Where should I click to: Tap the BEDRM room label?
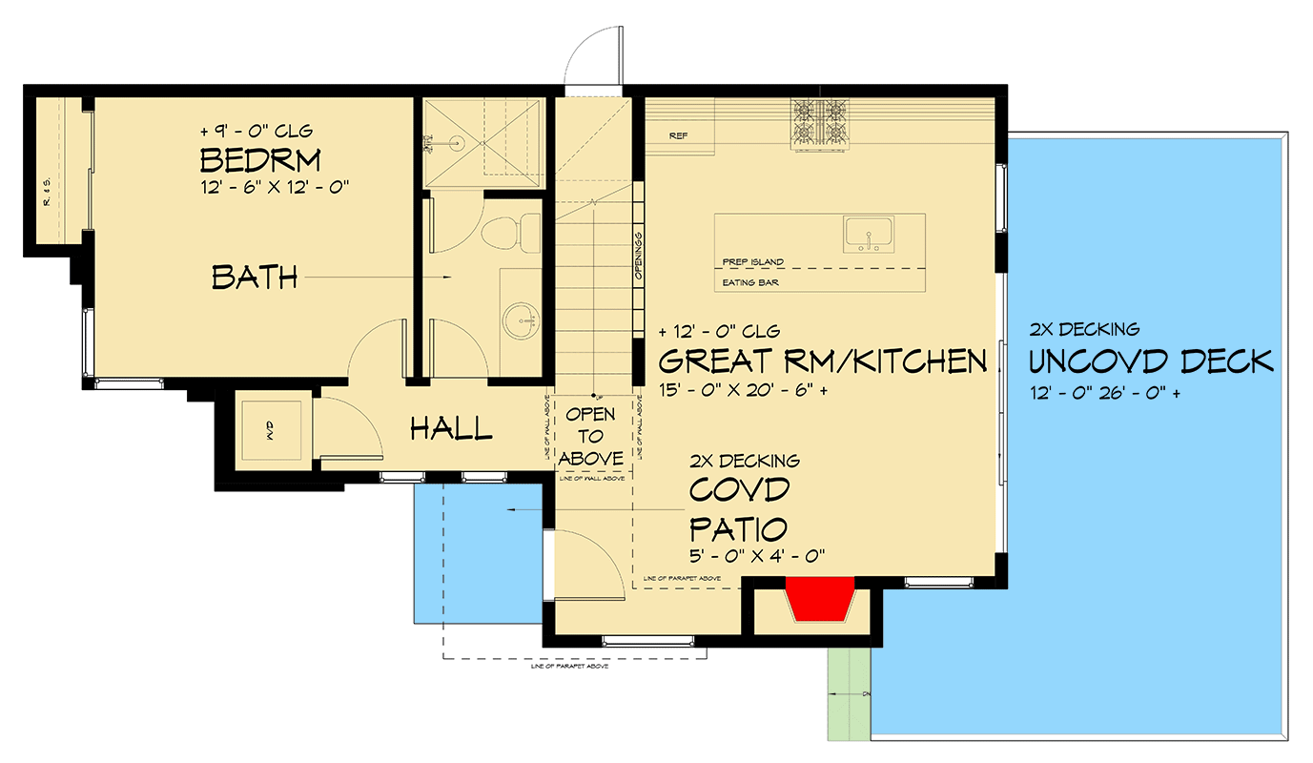(259, 158)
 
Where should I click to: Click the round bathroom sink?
(521, 320)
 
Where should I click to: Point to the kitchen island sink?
(867, 234)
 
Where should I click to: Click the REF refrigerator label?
(678, 136)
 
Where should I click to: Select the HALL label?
(451, 429)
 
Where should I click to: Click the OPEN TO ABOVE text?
(591, 437)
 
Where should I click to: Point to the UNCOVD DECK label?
(1151, 361)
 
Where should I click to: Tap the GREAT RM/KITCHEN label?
(822, 361)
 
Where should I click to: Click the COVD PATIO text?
(739, 508)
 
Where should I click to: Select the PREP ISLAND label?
(752, 262)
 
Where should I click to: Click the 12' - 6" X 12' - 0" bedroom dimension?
(275, 188)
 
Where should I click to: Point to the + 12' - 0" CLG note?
(719, 332)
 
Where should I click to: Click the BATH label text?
(255, 278)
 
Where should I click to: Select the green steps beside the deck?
(848, 693)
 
